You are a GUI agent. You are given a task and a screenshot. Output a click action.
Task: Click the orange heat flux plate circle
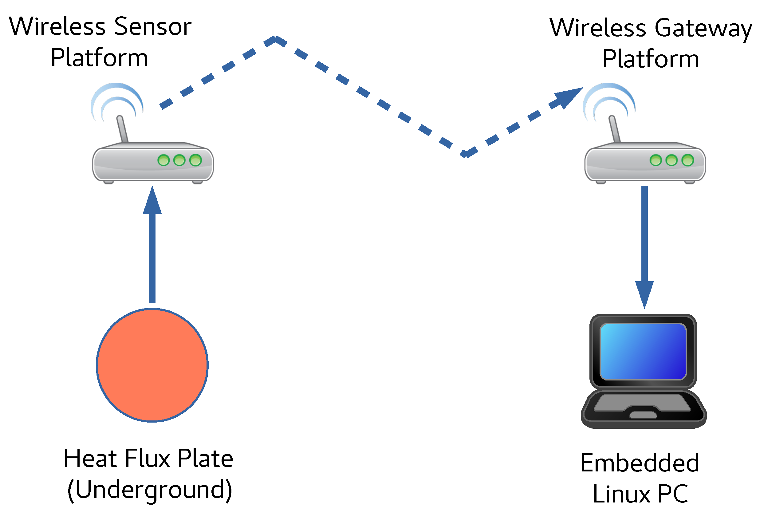(x=152, y=365)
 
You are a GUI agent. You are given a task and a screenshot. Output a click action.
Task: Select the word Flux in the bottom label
(x=147, y=459)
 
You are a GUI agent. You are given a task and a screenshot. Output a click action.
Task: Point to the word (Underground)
(x=150, y=490)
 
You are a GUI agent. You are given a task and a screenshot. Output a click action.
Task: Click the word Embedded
(x=640, y=463)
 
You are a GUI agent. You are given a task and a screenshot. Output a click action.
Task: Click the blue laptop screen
(x=643, y=352)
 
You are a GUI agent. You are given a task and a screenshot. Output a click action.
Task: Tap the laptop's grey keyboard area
(x=642, y=403)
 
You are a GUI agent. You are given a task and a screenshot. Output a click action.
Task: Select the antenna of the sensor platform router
(x=122, y=129)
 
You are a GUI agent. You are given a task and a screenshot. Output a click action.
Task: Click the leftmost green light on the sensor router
(x=163, y=160)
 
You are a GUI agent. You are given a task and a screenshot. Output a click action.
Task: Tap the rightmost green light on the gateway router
(x=688, y=160)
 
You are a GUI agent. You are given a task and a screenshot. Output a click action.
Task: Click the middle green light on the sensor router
(x=179, y=160)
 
